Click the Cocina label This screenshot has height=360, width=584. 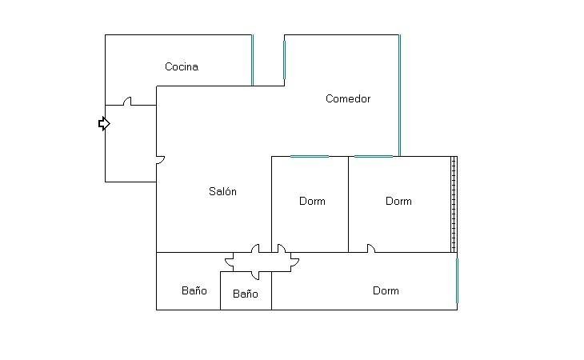click(182, 66)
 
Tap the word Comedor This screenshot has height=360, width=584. click(348, 98)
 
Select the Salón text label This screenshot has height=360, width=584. click(222, 191)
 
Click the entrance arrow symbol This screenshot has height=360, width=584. click(104, 123)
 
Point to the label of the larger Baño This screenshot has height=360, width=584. click(194, 290)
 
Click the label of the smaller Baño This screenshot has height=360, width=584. click(245, 294)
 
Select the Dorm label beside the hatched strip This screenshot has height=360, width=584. click(398, 202)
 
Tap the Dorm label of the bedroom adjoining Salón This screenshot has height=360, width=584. click(312, 202)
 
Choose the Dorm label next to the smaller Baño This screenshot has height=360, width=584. click(386, 290)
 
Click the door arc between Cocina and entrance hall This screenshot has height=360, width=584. click(127, 101)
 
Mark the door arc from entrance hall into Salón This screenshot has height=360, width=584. click(161, 160)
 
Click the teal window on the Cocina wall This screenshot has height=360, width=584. click(252, 60)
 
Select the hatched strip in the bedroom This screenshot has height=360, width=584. click(454, 204)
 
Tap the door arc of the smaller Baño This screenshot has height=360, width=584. click(255, 275)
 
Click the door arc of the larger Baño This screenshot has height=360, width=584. click(229, 263)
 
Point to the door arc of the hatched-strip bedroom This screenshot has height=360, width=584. click(371, 248)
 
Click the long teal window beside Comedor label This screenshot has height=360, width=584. click(400, 95)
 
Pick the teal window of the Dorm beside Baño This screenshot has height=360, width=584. click(457, 281)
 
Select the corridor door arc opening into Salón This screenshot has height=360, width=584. click(255, 248)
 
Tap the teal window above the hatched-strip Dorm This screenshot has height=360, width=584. click(374, 156)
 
